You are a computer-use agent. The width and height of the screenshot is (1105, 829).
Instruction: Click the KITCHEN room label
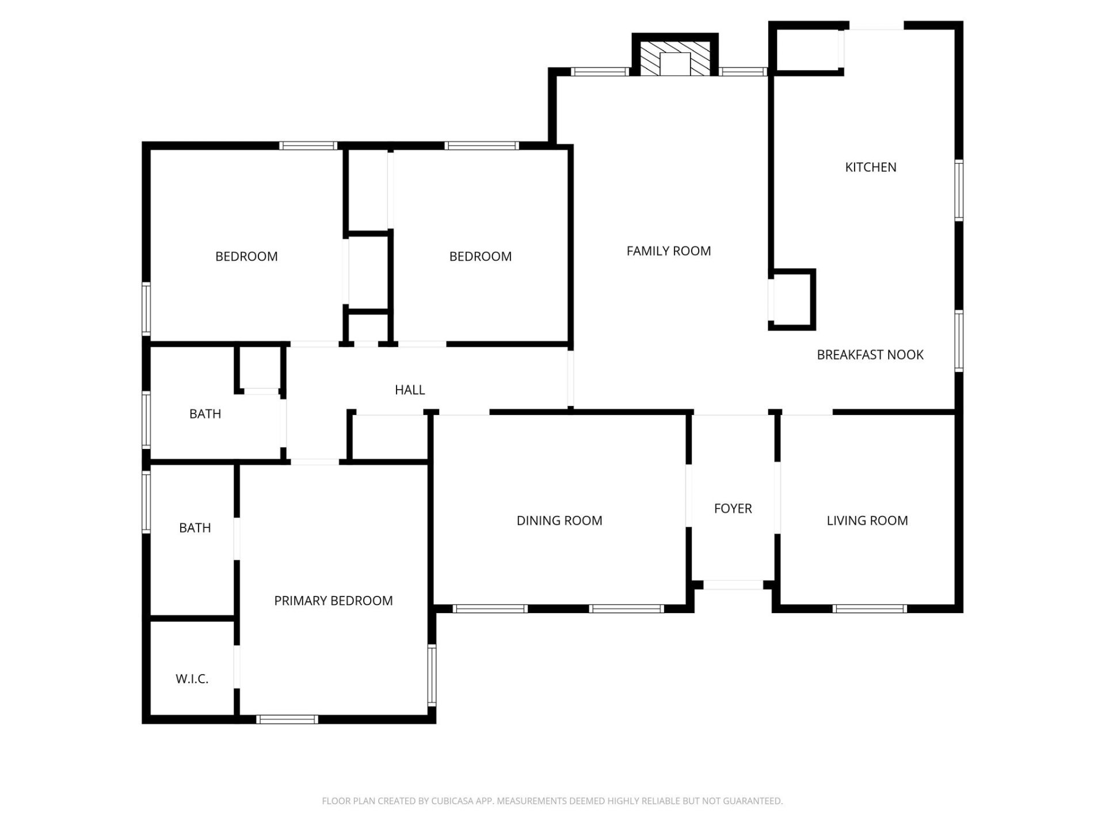pyautogui.click(x=870, y=167)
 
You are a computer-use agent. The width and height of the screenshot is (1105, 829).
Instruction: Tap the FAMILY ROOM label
pyautogui.click(x=668, y=250)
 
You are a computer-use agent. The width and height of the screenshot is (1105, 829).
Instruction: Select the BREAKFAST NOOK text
pyautogui.click(x=870, y=355)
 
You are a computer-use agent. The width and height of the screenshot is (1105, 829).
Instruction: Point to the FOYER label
pyautogui.click(x=733, y=508)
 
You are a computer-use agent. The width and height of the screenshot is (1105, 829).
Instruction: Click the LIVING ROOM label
pyautogui.click(x=867, y=520)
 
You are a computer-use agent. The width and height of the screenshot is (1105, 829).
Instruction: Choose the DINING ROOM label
pyautogui.click(x=559, y=520)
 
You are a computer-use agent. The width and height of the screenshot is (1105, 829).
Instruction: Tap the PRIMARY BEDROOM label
pyautogui.click(x=333, y=600)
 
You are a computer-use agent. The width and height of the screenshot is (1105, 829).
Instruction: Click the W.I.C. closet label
pyautogui.click(x=192, y=679)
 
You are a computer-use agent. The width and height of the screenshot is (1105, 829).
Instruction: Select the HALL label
pyautogui.click(x=410, y=390)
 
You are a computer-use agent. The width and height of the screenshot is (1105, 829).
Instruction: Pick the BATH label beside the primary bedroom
pyautogui.click(x=195, y=527)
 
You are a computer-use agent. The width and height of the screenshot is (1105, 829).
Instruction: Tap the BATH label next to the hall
pyautogui.click(x=205, y=413)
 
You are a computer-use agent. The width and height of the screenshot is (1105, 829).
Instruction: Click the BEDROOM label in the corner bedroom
pyautogui.click(x=246, y=256)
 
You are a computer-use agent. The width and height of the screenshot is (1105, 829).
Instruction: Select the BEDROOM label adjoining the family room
pyautogui.click(x=480, y=256)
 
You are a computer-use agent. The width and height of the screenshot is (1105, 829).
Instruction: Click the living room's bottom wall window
pyautogui.click(x=870, y=609)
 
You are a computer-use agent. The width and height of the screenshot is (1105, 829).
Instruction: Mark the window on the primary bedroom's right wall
pyautogui.click(x=432, y=675)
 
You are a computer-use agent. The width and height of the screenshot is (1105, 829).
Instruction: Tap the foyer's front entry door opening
pyautogui.click(x=733, y=585)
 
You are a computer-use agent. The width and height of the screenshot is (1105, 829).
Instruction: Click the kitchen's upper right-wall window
pyautogui.click(x=959, y=191)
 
